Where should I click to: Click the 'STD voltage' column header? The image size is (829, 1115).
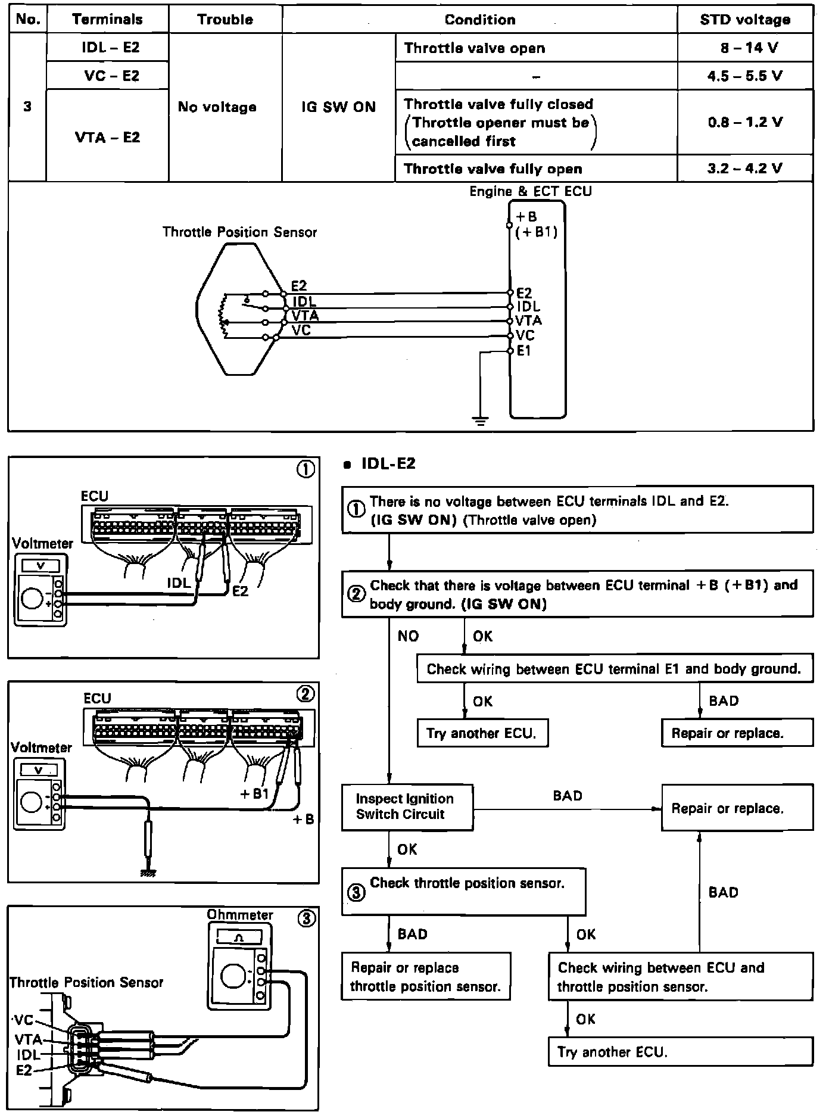[x=744, y=20]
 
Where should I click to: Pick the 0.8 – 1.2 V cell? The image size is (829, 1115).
[x=744, y=122]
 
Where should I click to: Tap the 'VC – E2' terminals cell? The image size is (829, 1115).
[x=107, y=76]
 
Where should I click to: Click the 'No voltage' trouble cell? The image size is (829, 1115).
[x=217, y=107]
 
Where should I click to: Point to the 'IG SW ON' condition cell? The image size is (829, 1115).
[x=338, y=107]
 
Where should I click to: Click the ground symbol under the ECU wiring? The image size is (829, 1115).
[x=481, y=421]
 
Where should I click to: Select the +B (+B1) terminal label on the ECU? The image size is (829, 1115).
[x=535, y=225]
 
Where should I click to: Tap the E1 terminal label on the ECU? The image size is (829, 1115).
[x=523, y=351]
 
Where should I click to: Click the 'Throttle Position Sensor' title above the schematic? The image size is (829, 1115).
[x=239, y=232]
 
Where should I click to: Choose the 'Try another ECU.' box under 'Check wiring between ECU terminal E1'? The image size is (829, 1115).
[x=482, y=733]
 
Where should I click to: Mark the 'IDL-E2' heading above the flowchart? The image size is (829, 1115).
[x=388, y=463]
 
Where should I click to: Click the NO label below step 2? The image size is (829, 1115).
[x=408, y=636]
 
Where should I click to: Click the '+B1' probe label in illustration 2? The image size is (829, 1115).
[x=254, y=793]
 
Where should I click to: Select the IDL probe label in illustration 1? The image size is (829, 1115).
[x=178, y=583]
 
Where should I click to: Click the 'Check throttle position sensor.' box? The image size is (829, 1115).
[x=463, y=892]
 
